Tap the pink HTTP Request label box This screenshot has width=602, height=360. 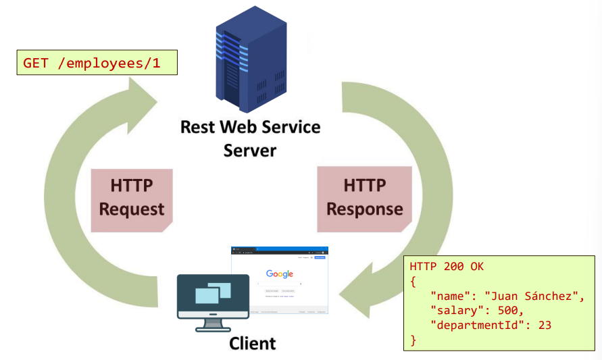pos(132,198)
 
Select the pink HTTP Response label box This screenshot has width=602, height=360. pos(364,197)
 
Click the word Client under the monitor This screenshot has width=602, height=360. pos(252,344)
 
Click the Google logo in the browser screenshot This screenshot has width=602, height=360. pos(279,274)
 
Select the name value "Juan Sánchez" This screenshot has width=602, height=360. pos(534,296)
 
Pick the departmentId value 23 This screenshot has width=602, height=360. pos(545,325)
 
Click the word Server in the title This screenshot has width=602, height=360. pos(250,149)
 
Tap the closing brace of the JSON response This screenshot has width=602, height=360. pos(413,340)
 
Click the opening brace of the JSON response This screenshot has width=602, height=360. pos(413,281)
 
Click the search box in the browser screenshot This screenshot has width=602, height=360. pos(279,284)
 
